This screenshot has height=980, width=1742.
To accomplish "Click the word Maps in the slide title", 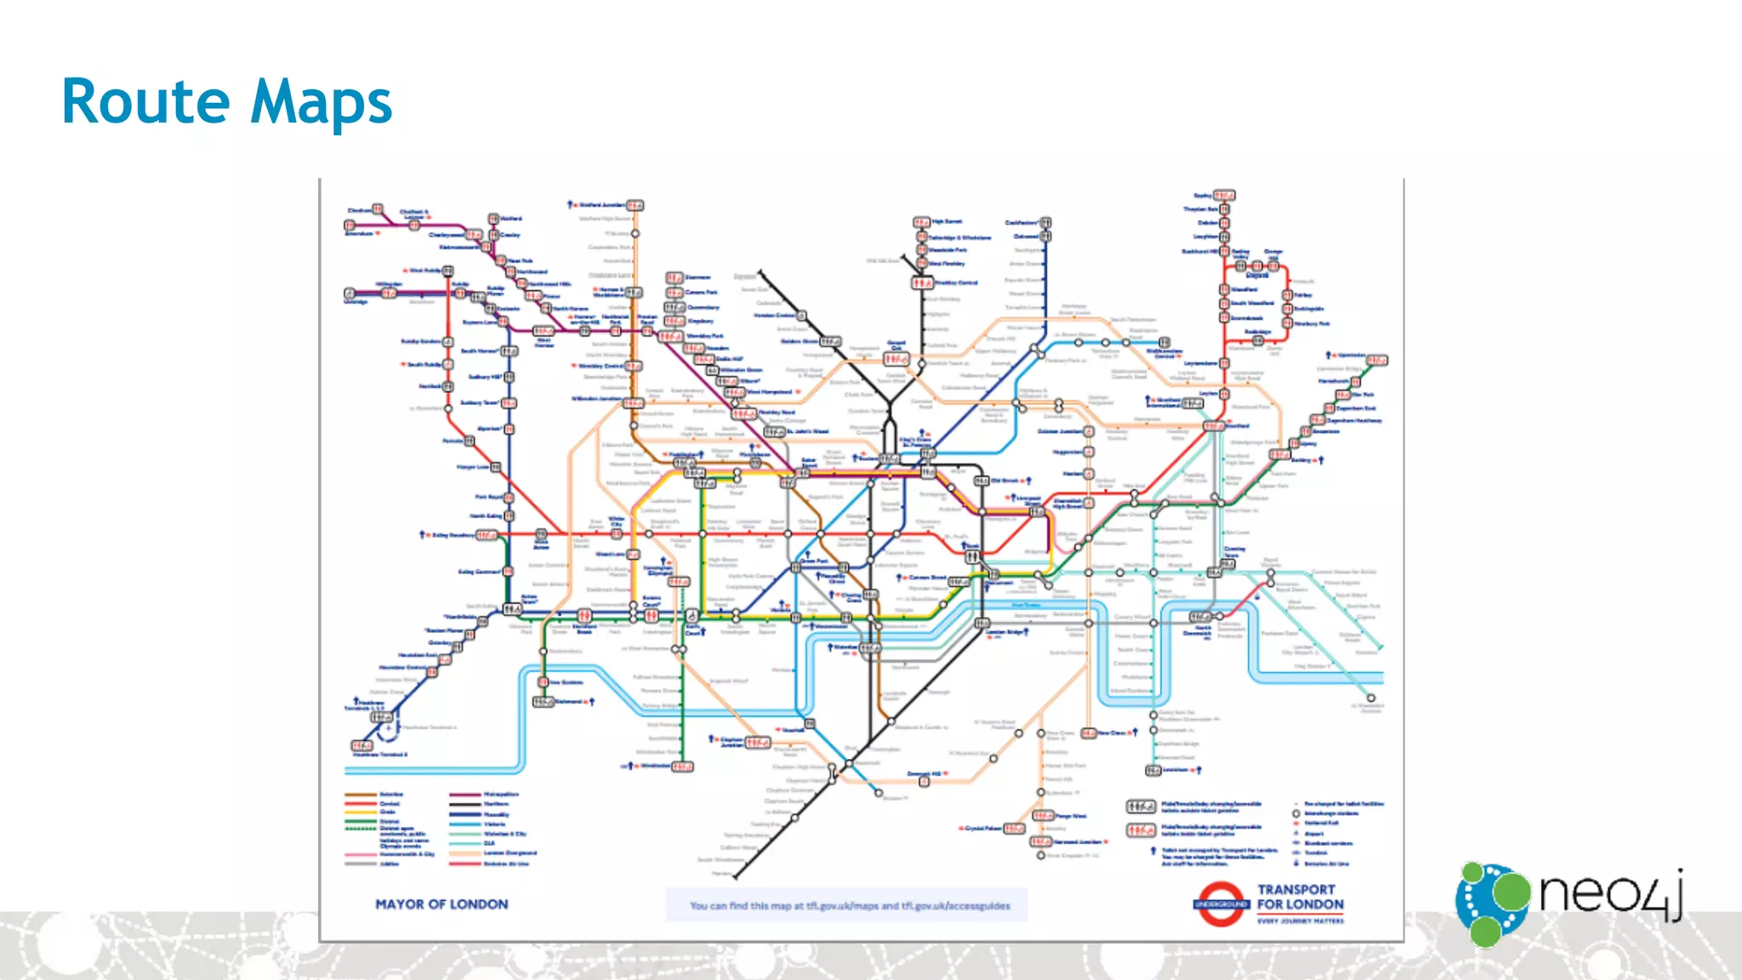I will tap(322, 102).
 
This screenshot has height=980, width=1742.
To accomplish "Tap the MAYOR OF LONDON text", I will tap(441, 904).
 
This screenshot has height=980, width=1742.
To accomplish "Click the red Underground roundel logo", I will tap(1221, 904).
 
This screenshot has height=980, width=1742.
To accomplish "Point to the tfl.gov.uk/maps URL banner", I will tap(847, 905).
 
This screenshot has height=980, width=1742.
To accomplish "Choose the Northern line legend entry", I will tap(497, 803).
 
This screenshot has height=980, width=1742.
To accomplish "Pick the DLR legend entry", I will tap(490, 843).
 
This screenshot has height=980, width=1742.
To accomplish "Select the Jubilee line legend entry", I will tap(390, 863).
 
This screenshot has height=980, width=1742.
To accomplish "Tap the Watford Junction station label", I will tap(601, 205).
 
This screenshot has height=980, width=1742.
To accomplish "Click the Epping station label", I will tap(1202, 196).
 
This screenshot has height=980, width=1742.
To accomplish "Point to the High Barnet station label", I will tap(948, 221).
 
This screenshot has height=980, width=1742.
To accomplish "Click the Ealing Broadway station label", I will tap(453, 535).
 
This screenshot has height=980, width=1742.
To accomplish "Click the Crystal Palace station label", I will tap(983, 828).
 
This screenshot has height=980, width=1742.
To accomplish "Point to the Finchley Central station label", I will tap(956, 282).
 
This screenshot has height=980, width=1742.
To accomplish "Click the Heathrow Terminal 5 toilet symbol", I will tap(361, 746).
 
